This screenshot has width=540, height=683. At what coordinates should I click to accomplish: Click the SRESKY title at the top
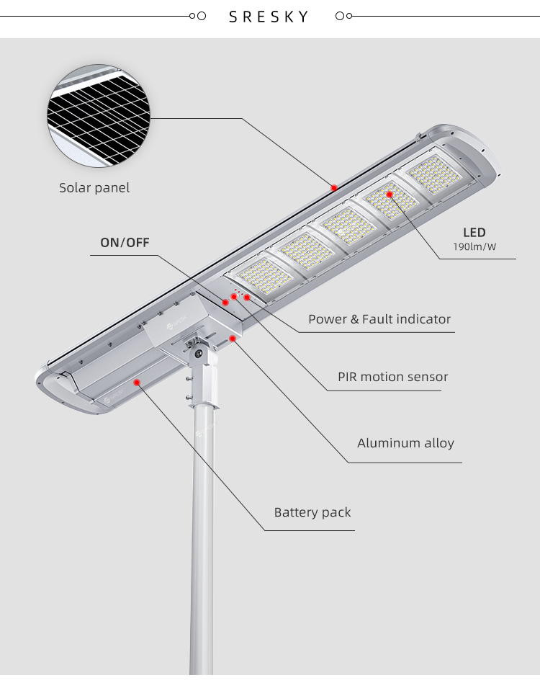pos(269,17)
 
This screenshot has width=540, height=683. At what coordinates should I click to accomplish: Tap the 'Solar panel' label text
pos(94,188)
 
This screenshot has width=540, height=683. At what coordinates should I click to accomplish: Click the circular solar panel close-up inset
pos(99,116)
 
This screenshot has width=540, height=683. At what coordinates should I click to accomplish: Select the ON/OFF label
pos(125,242)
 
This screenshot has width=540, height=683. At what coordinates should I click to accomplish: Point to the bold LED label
pos(474,233)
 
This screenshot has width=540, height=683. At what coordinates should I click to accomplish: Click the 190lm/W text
pos(474,247)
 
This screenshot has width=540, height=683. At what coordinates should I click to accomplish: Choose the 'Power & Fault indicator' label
pos(379,319)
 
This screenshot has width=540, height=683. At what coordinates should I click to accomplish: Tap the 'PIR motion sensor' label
pos(393,377)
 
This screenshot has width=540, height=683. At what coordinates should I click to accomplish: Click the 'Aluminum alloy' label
pos(405,443)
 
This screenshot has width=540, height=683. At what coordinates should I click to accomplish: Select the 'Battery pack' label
pos(312,512)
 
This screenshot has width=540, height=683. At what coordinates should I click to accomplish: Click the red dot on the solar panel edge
pos(334,188)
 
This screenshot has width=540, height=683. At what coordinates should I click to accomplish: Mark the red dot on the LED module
pos(390,195)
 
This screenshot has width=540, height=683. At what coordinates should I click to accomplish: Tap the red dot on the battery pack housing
pos(137,383)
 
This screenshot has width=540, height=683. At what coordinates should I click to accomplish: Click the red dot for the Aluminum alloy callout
pos(233,339)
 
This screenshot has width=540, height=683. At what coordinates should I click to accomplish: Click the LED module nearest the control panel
pos(264,276)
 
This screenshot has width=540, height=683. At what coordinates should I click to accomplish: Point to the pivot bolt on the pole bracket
pos(199,353)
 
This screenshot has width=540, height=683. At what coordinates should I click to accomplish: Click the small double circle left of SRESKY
pos(198,16)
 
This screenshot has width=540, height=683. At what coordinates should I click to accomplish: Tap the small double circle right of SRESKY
pos(343,16)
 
